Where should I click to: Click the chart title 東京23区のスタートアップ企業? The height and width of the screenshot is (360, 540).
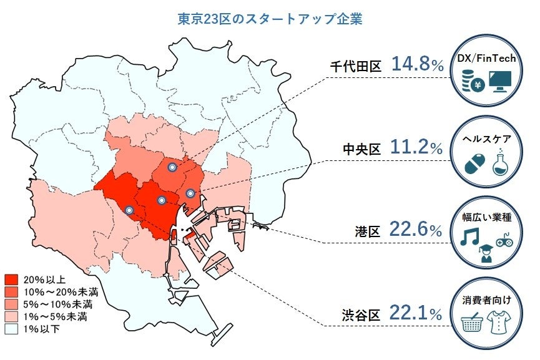[270, 19]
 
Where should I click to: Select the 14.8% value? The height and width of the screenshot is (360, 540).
[417, 64]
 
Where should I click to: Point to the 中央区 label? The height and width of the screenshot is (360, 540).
[361, 150]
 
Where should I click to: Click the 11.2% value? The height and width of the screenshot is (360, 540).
[417, 148]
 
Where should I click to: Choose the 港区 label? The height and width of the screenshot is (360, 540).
[368, 232]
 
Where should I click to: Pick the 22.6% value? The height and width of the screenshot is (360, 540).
[416, 230]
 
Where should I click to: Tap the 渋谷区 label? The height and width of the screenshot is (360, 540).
[361, 314]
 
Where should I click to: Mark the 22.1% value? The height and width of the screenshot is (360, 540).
[416, 313]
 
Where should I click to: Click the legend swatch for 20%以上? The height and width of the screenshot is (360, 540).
[10, 279]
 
